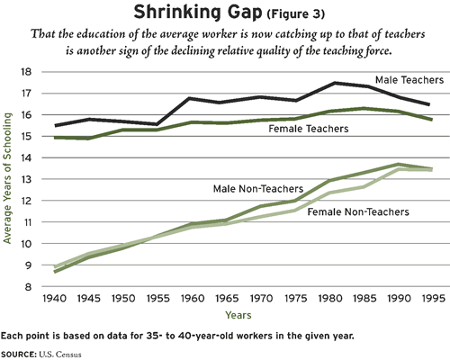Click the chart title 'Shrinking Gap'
click(x=197, y=13)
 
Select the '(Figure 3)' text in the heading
click(x=295, y=14)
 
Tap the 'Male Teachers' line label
click(x=409, y=80)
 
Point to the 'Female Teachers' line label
click(x=309, y=129)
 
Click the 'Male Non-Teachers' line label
click(x=258, y=189)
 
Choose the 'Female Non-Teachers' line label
click(x=358, y=212)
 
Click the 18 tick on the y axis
click(x=26, y=72)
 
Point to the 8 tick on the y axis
click(x=29, y=287)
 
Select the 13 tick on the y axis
click(x=26, y=179)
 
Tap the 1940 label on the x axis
click(x=54, y=299)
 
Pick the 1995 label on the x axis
click(x=433, y=299)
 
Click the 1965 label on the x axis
click(x=227, y=299)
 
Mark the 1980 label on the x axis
click(x=329, y=299)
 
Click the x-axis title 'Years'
click(x=238, y=315)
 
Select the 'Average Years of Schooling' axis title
click(x=7, y=178)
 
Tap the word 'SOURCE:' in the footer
click(x=18, y=355)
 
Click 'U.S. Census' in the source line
click(x=60, y=355)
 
